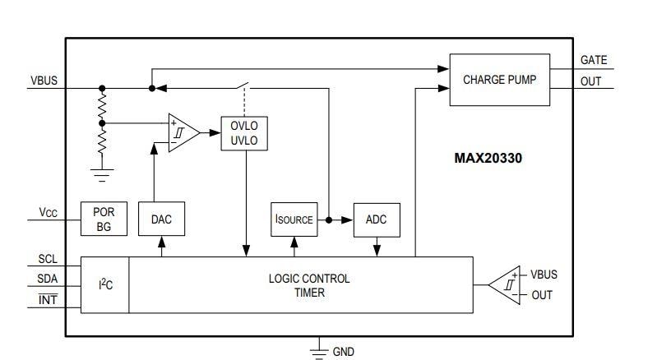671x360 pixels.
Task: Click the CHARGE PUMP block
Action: coord(499,80)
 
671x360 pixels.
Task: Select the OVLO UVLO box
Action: coord(245,133)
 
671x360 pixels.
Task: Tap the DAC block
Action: coord(161,219)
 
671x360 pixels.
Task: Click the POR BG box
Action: coord(104,219)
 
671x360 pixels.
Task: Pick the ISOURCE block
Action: coord(294,219)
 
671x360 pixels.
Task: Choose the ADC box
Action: coord(376,219)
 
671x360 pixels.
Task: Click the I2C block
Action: coord(105,284)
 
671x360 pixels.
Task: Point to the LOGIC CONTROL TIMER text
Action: coord(308,284)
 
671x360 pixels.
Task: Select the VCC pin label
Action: coord(48,213)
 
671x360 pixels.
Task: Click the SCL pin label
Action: coord(48,259)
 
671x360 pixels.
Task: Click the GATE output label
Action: coord(593,60)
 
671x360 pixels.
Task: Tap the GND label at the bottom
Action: coord(343,351)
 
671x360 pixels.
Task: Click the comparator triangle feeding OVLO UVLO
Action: coord(183,132)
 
